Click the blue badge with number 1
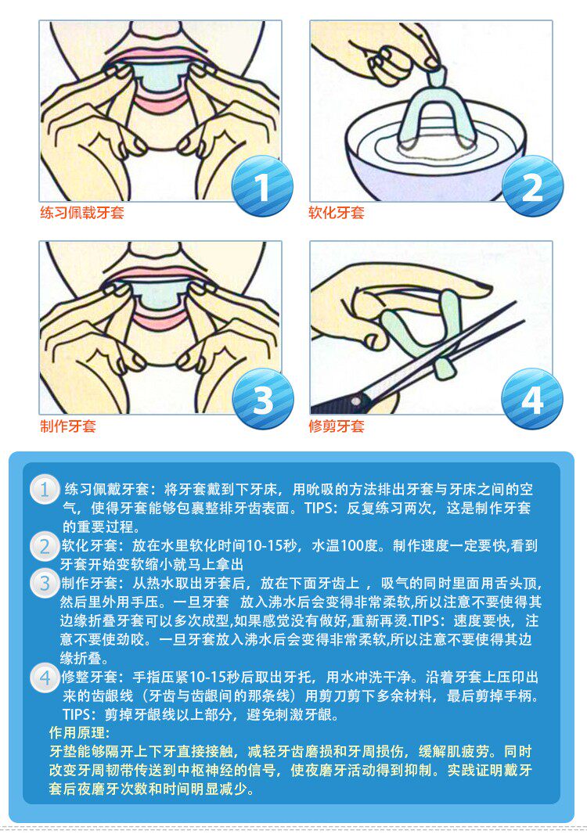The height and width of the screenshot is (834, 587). pyautogui.click(x=262, y=186)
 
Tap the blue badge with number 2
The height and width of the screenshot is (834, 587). pyautogui.click(x=532, y=186)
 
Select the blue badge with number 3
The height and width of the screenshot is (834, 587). pyautogui.click(x=262, y=399)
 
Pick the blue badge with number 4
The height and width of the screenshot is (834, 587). pyautogui.click(x=532, y=399)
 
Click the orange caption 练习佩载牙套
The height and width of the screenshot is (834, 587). pyautogui.click(x=82, y=213)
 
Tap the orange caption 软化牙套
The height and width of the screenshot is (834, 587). pyautogui.click(x=337, y=213)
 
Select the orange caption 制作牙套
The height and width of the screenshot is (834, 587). pyautogui.click(x=68, y=426)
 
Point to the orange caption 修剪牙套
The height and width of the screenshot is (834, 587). pyautogui.click(x=337, y=426)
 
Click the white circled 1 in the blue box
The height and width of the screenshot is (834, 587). pyautogui.click(x=45, y=489)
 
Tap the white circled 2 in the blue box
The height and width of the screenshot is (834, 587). pyautogui.click(x=45, y=547)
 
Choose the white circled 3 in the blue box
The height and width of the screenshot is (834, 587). pyautogui.click(x=45, y=584)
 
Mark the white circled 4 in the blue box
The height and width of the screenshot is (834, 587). pyautogui.click(x=45, y=678)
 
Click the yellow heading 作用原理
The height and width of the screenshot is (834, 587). pyautogui.click(x=79, y=732)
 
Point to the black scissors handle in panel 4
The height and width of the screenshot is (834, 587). pyautogui.click(x=340, y=404)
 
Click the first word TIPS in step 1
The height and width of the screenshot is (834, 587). pyautogui.click(x=318, y=508)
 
